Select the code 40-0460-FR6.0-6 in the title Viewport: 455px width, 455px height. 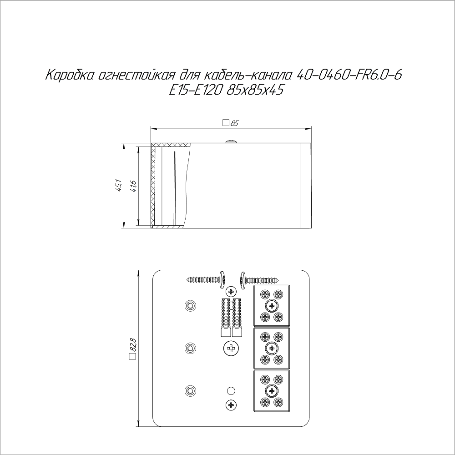349,75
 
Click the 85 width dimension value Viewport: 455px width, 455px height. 234,123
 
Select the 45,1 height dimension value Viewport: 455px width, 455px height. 118,186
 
